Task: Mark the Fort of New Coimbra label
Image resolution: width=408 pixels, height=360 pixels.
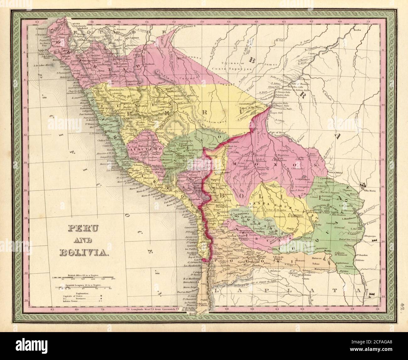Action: [347, 240]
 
